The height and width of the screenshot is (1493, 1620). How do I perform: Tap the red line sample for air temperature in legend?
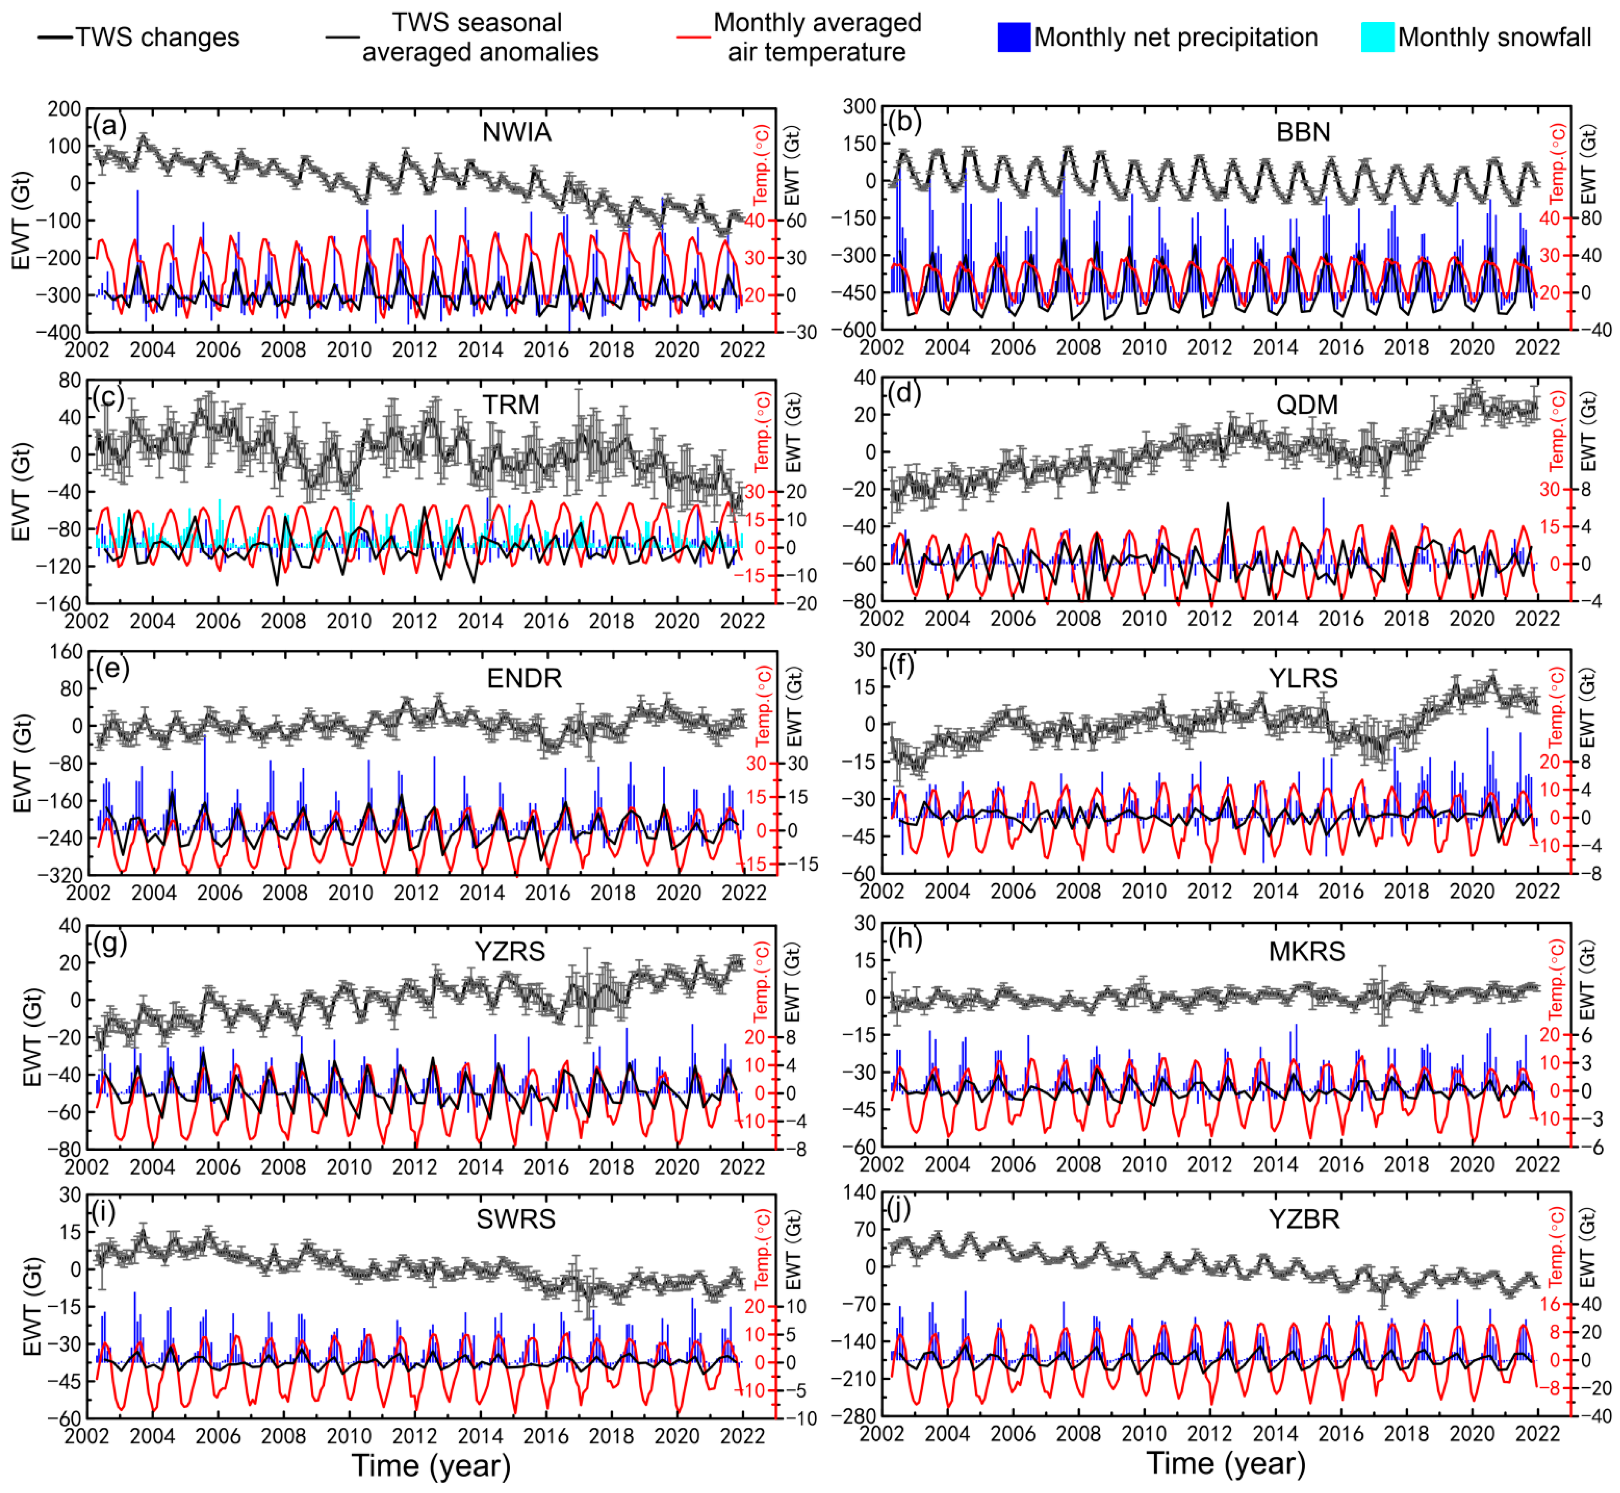[x=693, y=37]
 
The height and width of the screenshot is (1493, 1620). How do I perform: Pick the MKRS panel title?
[x=1306, y=951]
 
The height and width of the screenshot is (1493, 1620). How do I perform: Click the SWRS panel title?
[x=515, y=1218]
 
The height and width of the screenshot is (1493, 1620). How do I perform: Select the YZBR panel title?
[x=1304, y=1218]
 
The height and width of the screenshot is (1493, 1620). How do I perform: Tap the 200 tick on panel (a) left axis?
[x=64, y=109]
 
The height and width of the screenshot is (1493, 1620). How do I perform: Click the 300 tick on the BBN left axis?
[x=860, y=107]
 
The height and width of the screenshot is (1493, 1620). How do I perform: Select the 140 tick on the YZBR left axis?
[x=860, y=1192]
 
